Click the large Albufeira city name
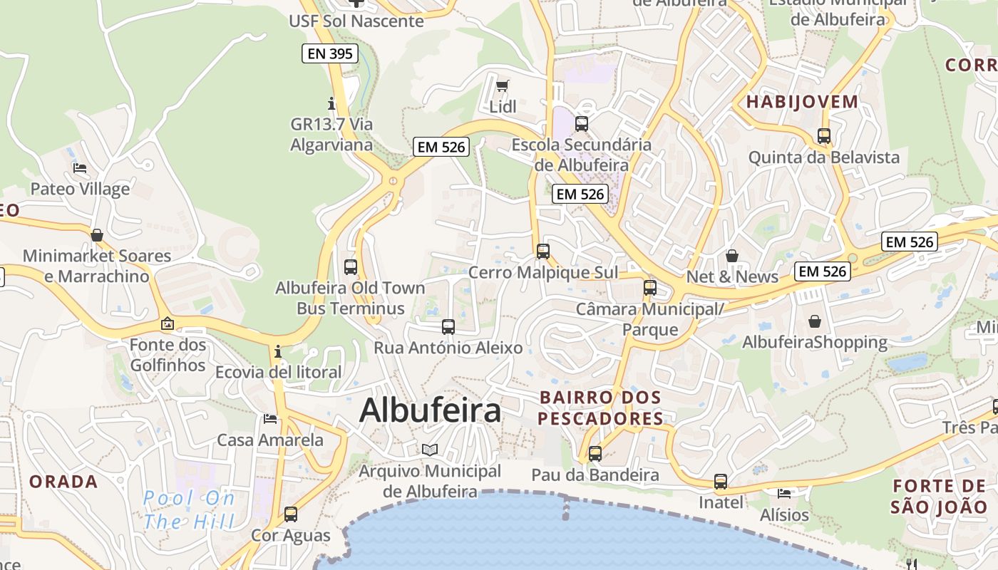click(430, 411)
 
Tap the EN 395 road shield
click(330, 53)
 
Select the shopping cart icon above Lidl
click(503, 86)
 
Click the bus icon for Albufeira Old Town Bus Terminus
click(350, 267)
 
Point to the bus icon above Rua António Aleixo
click(448, 327)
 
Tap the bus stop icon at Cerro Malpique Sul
click(543, 252)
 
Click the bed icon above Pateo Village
click(80, 169)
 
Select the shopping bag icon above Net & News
click(732, 256)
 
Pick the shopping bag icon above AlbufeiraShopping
click(814, 322)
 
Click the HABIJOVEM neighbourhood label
click(802, 102)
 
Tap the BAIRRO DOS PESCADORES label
click(600, 408)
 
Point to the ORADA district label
click(63, 482)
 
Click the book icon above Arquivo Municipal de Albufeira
click(429, 450)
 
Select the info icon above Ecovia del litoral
click(278, 351)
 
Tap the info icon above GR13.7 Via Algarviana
click(331, 103)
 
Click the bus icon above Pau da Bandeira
click(595, 453)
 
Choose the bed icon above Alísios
click(784, 494)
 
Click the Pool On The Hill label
click(189, 509)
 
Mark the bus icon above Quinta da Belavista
click(824, 136)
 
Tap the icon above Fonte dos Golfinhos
click(167, 324)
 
